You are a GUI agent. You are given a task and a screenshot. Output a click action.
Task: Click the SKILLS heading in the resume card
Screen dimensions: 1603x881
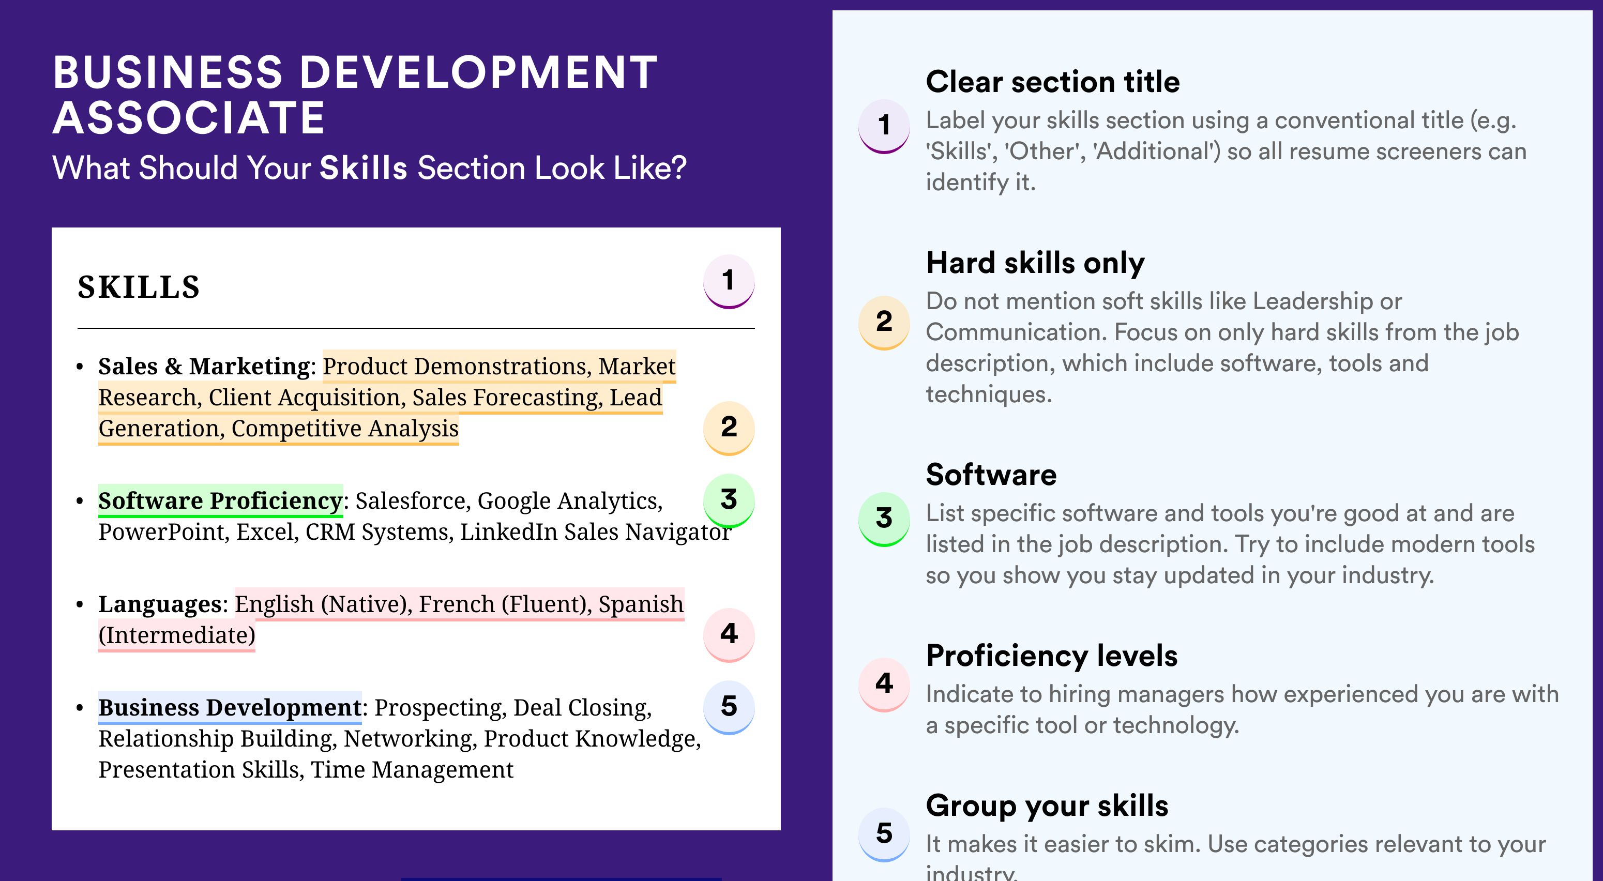138,287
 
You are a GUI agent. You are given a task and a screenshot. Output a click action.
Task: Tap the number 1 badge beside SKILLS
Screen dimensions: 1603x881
729,281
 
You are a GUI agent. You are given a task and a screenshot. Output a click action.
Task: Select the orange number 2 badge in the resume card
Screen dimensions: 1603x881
729,428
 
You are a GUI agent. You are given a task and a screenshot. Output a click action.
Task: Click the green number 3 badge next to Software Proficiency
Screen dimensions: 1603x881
729,500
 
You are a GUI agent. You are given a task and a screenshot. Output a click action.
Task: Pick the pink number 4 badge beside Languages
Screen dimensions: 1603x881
729,634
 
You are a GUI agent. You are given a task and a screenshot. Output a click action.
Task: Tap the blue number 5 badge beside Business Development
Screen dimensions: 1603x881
729,707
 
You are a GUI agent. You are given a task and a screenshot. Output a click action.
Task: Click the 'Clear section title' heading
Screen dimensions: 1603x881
1052,82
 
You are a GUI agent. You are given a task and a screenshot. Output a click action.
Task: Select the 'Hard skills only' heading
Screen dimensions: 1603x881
1035,263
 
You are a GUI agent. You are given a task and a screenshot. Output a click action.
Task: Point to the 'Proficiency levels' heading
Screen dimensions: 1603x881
1052,656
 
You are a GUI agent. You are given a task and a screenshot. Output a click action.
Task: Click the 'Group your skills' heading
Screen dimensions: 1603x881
1047,806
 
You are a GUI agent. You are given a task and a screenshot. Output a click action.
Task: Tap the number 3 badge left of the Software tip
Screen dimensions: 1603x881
884,519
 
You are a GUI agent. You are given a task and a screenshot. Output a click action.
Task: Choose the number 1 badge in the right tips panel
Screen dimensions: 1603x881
884,126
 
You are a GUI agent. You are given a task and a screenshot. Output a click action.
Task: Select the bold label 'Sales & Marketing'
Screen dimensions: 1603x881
204,367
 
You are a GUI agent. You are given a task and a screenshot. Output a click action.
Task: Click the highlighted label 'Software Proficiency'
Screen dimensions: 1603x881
220,501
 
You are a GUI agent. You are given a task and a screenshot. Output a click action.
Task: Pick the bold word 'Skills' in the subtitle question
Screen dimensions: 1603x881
364,168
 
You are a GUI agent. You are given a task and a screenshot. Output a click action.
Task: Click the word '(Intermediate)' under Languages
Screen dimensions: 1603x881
177,636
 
